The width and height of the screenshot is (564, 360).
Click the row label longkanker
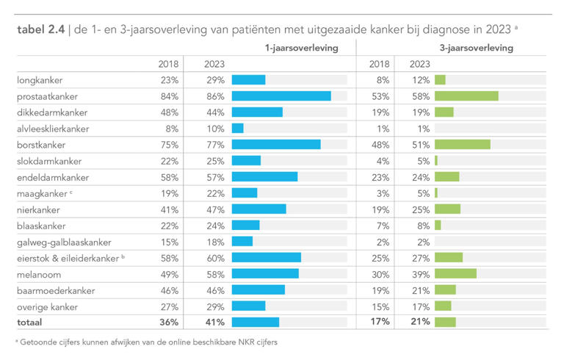[40, 80]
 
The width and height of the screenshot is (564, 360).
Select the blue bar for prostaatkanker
[281, 96]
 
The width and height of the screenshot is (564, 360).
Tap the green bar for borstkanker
[462, 145]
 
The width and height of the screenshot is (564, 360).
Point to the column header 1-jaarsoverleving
[301, 48]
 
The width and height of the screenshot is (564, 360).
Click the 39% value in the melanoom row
[419, 274]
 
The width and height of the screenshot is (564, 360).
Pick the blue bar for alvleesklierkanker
[237, 129]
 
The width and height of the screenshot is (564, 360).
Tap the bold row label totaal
[30, 322]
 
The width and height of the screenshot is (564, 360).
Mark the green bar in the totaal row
[445, 322]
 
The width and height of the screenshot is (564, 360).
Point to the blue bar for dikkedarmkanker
[257, 112]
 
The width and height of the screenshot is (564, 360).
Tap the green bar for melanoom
[455, 274]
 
